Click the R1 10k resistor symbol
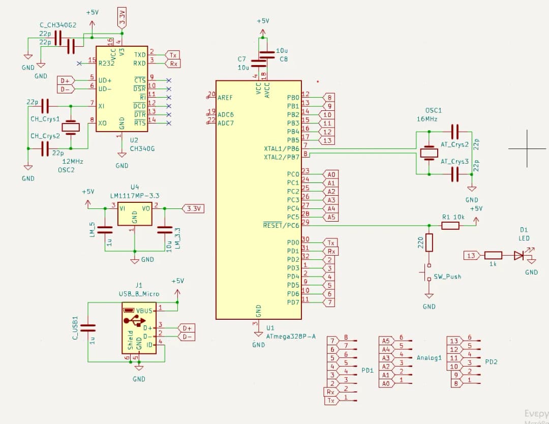pyautogui.click(x=450, y=225)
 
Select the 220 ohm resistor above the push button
pyautogui.click(x=429, y=243)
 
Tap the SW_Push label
pyautogui.click(x=447, y=277)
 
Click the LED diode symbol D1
pyautogui.click(x=519, y=255)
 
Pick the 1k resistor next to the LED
pyautogui.click(x=493, y=255)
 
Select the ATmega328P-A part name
pyautogui.click(x=291, y=336)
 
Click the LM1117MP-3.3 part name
pyautogui.click(x=135, y=195)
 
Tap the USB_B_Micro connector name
pyautogui.click(x=139, y=294)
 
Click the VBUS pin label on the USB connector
pyautogui.click(x=144, y=311)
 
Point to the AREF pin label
pyautogui.click(x=225, y=97)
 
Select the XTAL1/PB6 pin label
pyautogui.click(x=282, y=148)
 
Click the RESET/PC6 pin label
pyautogui.click(x=281, y=225)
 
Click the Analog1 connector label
pyautogui.click(x=429, y=358)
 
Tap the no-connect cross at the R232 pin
pyautogui.click(x=79, y=63)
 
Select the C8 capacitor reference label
pyautogui.click(x=284, y=59)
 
